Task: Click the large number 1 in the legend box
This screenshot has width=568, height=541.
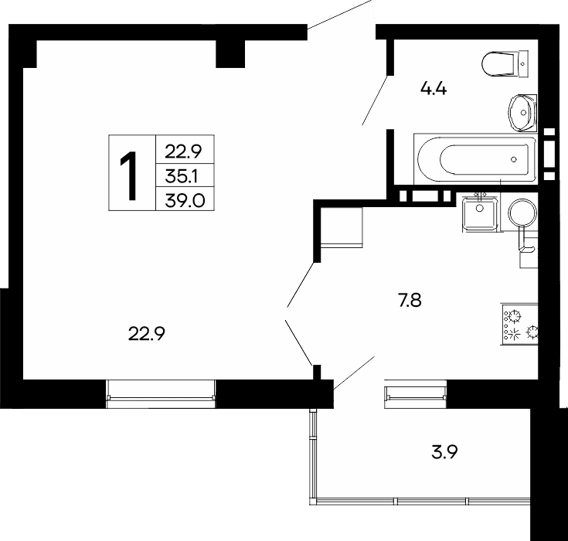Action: (x=128, y=175)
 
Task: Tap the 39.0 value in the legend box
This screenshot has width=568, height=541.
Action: (x=185, y=200)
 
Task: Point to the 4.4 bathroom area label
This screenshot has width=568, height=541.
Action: (x=434, y=88)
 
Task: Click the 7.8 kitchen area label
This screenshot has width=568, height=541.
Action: (x=410, y=301)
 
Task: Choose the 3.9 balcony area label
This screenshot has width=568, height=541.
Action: (x=444, y=452)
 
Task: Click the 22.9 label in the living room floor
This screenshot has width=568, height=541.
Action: (x=147, y=334)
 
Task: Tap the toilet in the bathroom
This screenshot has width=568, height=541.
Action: (x=505, y=64)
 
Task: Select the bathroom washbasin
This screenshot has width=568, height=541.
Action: (x=522, y=112)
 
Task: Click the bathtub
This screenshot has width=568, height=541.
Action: (x=475, y=159)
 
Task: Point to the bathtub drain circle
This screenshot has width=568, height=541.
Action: (x=513, y=159)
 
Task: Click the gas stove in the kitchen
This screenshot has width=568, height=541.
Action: (x=519, y=324)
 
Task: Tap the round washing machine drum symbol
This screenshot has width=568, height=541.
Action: (x=522, y=213)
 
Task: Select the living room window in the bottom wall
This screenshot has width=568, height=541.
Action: (x=161, y=394)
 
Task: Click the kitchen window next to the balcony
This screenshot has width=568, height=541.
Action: (x=416, y=394)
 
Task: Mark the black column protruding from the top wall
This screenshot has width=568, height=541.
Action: (x=230, y=53)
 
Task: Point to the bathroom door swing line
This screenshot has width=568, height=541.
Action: (x=376, y=100)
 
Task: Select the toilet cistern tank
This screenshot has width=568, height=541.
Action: (x=522, y=64)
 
